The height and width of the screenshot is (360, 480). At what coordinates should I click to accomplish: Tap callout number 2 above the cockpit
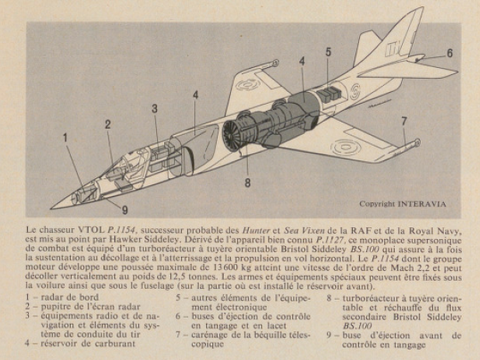pyautogui.click(x=108, y=124)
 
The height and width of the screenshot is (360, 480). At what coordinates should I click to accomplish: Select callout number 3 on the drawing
pyautogui.click(x=155, y=109)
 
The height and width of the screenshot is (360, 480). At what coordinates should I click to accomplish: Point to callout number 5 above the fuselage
pyautogui.click(x=329, y=52)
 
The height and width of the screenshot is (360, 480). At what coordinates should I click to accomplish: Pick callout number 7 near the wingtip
pyautogui.click(x=404, y=121)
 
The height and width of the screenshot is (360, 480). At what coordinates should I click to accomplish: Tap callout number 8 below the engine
pyautogui.click(x=247, y=184)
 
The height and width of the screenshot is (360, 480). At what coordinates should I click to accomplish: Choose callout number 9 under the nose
pyautogui.click(x=124, y=209)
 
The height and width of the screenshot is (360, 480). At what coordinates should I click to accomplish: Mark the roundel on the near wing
pyautogui.click(x=344, y=146)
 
